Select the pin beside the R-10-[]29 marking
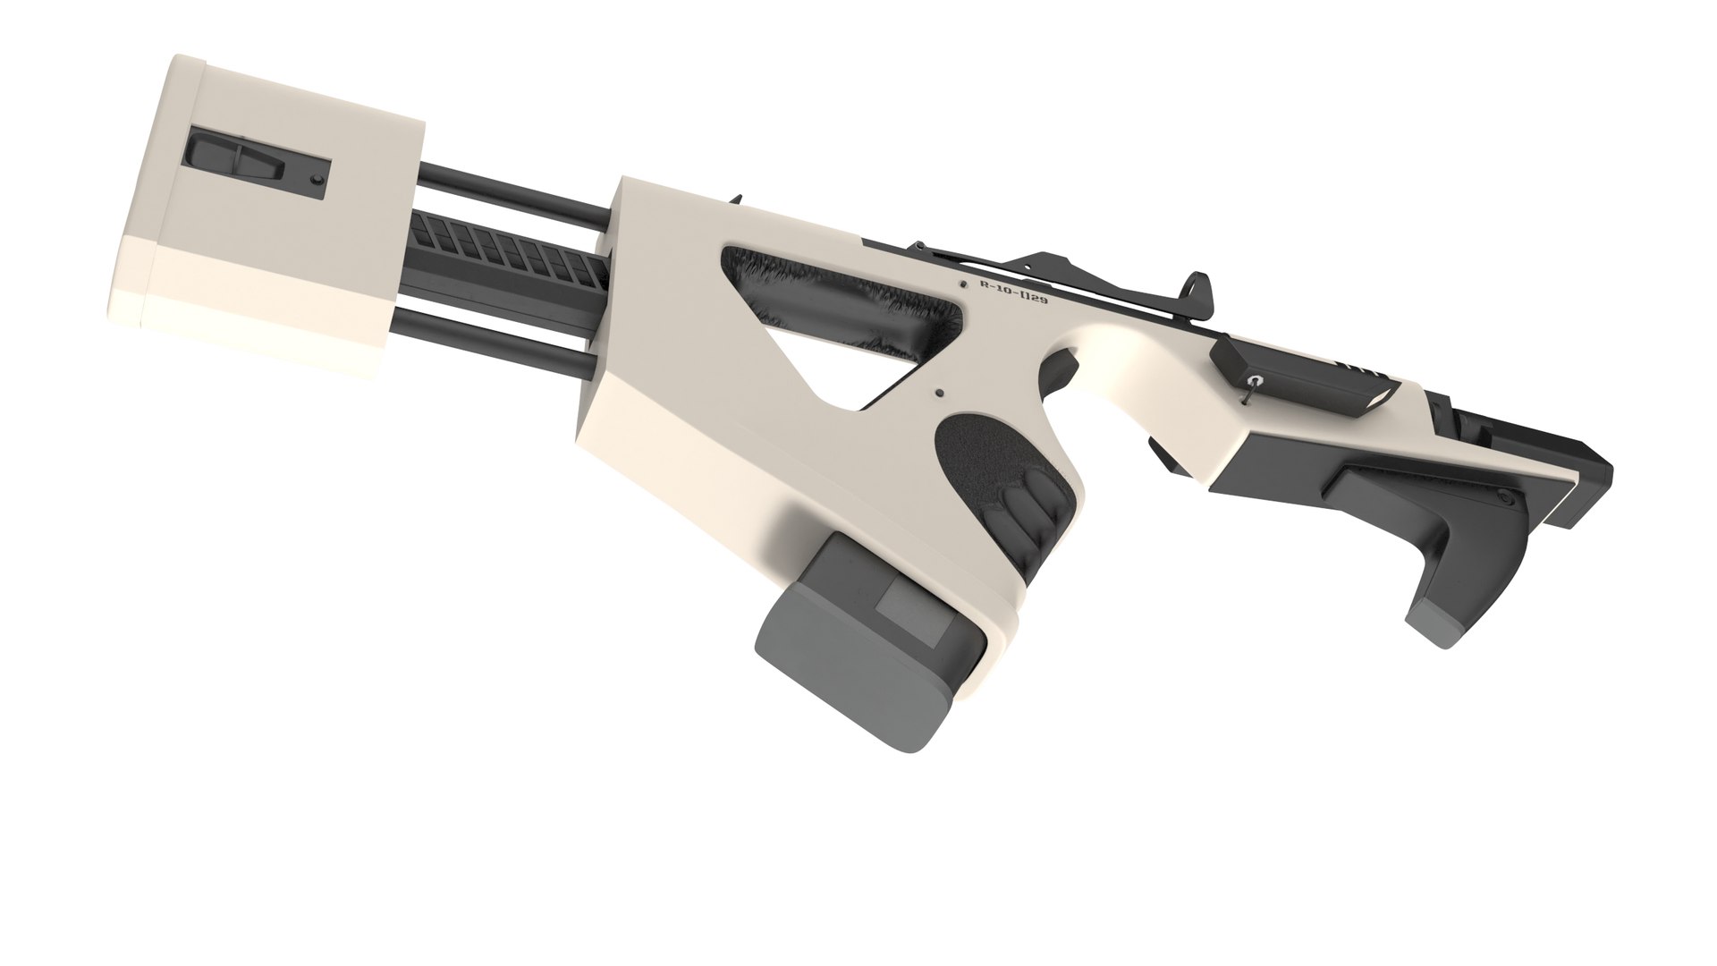click(x=962, y=284)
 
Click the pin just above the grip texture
click(x=939, y=393)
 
